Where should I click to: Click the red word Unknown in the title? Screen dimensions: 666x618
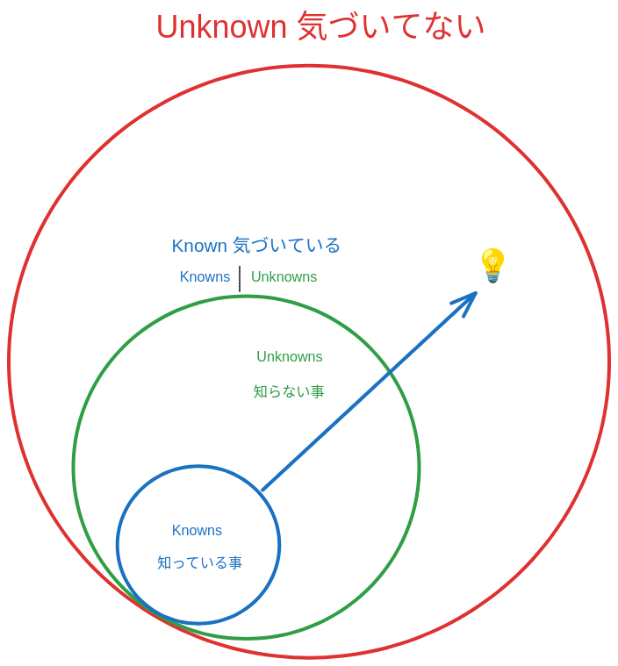tap(221, 27)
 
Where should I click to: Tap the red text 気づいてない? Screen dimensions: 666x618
tap(392, 27)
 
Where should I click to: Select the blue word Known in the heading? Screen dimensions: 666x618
tap(200, 246)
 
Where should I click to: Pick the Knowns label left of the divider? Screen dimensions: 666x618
tap(205, 277)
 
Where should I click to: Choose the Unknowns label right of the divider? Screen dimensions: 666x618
tap(284, 277)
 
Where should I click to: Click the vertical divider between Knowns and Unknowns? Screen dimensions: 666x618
tap(240, 279)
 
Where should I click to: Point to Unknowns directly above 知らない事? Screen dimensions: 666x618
tap(289, 357)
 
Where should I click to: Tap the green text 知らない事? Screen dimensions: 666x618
tap(289, 391)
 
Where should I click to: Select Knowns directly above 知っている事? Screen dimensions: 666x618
tap(198, 531)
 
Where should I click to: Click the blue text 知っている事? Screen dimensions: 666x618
tap(199, 563)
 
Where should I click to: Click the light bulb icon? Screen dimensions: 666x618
tap(492, 264)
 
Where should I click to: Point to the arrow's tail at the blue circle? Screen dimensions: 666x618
tap(262, 490)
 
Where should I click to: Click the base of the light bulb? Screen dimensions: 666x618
tap(492, 277)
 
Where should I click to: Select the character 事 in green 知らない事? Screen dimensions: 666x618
tap(316, 391)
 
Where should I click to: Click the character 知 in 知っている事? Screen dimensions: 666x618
tap(165, 563)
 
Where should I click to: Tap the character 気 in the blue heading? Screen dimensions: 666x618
tap(242, 246)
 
